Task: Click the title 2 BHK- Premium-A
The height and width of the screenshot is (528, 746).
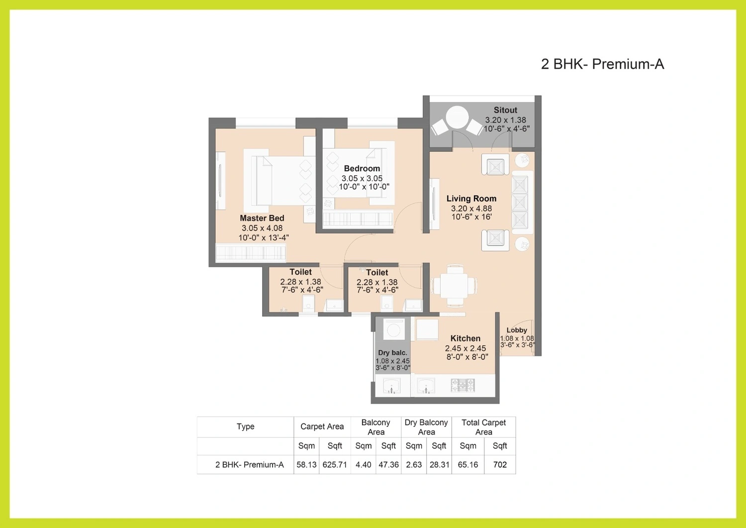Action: [x=602, y=64]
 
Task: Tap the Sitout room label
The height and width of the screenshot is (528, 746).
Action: [x=505, y=110]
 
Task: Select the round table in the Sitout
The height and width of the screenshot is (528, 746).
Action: [x=457, y=117]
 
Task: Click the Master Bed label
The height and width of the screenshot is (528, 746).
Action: [x=262, y=218]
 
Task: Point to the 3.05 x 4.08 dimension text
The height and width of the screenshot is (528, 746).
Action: [x=262, y=228]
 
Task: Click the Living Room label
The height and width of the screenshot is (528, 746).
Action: [x=471, y=199]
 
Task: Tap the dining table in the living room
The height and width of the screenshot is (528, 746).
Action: [x=454, y=285]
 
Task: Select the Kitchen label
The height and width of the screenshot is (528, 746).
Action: [x=465, y=338]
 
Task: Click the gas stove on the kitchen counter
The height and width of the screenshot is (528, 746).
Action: [x=463, y=385]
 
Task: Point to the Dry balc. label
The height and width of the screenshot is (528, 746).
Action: [x=392, y=353]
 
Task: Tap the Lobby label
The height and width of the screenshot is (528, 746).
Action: [x=517, y=330]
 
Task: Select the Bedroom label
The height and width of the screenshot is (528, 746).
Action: [x=362, y=168]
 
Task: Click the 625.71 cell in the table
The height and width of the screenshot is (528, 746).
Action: [x=335, y=465]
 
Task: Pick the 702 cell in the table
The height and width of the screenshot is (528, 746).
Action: [x=500, y=465]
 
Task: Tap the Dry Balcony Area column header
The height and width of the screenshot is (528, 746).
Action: [x=426, y=427]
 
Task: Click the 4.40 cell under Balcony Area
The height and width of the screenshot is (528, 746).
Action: [x=364, y=465]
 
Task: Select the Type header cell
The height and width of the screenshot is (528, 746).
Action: [x=246, y=426]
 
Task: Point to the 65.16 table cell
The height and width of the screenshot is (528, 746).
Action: [x=468, y=465]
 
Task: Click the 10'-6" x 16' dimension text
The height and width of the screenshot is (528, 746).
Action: [x=471, y=216]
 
